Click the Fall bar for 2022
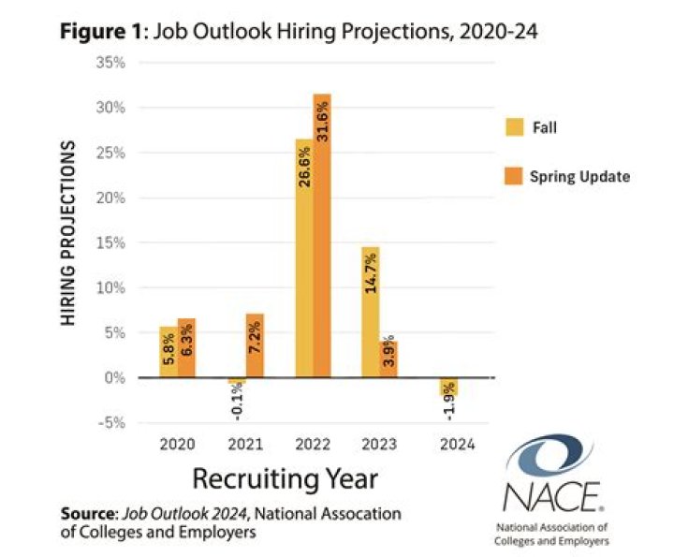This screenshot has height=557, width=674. coord(304,257)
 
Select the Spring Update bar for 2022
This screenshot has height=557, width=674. coord(322,235)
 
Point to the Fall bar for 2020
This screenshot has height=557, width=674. coord(168,352)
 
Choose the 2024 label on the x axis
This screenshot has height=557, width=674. coord(456,446)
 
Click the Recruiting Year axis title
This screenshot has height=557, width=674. coord(286,479)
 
